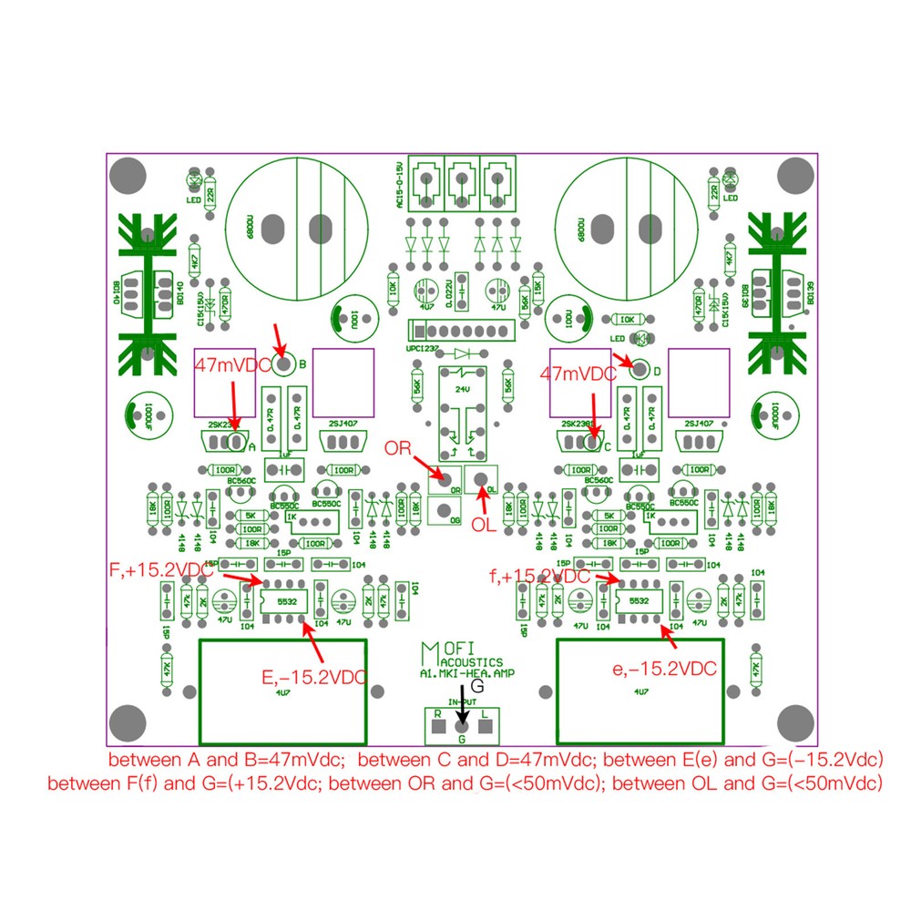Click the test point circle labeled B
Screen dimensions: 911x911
(283, 365)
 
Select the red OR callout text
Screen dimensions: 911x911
(398, 448)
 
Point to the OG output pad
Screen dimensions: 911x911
(444, 511)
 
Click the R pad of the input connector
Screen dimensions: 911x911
(438, 727)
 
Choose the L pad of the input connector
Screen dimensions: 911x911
(485, 727)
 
